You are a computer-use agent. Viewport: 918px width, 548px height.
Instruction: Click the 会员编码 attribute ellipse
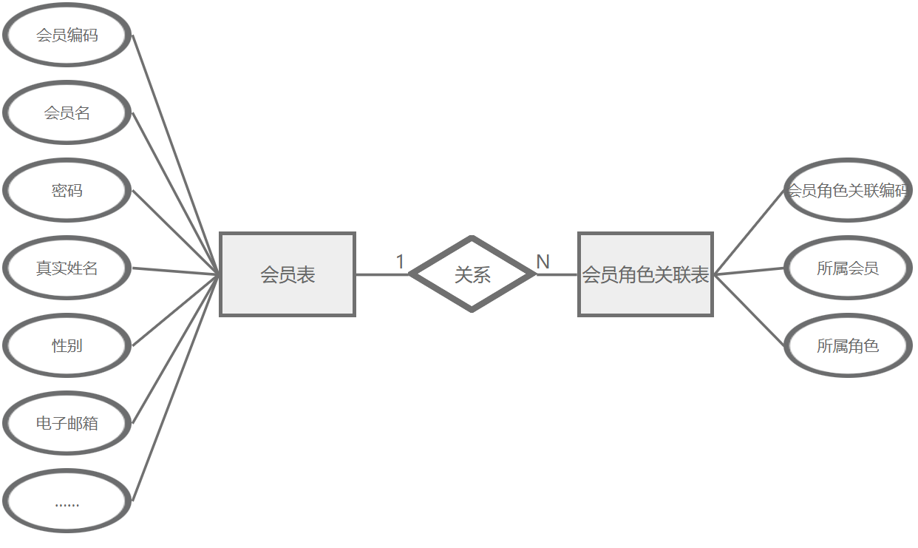[x=67, y=35]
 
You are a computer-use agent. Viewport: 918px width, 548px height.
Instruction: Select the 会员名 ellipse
[x=67, y=112]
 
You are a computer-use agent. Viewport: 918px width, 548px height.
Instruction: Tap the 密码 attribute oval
[x=67, y=190]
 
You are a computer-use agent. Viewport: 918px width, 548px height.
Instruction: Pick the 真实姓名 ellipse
[x=67, y=268]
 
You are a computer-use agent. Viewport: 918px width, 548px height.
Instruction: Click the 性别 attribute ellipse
[x=67, y=345]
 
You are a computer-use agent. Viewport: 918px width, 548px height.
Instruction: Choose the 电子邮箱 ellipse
[x=67, y=423]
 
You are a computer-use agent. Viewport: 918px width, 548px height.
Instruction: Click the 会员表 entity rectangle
[x=288, y=274]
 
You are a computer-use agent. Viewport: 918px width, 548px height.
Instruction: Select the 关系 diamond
[x=472, y=274]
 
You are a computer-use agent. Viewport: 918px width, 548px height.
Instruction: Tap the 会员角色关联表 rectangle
[x=645, y=274]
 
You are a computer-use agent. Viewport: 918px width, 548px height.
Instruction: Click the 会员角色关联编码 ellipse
[x=848, y=190]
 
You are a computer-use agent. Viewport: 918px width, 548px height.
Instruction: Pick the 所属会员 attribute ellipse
[x=848, y=268]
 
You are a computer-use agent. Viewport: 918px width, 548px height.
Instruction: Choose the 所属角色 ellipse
[x=848, y=345]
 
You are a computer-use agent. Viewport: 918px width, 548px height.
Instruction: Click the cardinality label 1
[x=401, y=262]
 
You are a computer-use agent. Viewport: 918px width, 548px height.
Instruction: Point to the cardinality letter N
[x=543, y=262]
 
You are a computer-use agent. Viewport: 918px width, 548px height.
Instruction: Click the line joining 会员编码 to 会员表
[x=176, y=154]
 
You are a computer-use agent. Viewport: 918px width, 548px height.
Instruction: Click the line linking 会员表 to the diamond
[x=382, y=274]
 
